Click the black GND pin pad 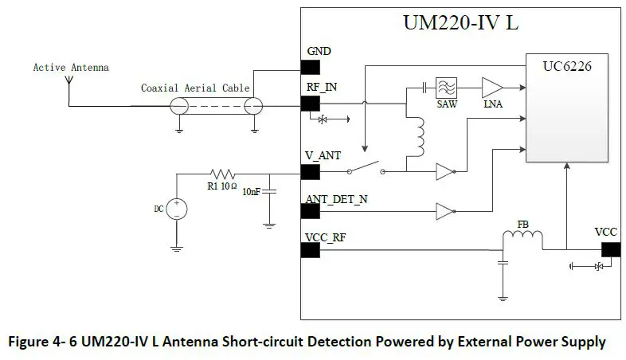[x=310, y=67]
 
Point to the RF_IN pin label [x=322, y=87]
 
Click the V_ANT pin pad [x=310, y=171]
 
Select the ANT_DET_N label [x=337, y=199]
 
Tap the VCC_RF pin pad [x=310, y=250]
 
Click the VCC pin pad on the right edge [x=610, y=249]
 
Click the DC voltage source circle [x=176, y=209]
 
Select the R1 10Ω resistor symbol [x=221, y=172]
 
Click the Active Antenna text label [x=71, y=68]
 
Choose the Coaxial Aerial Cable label [x=195, y=88]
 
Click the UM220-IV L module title [x=460, y=23]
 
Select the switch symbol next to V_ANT [x=366, y=170]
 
